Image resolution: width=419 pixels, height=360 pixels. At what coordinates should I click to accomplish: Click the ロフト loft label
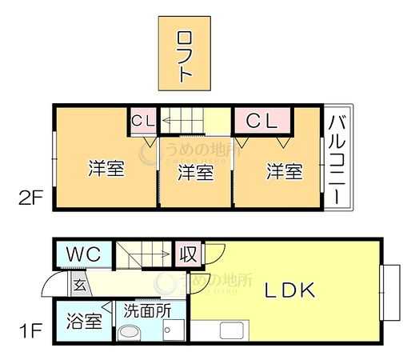tap(184, 57)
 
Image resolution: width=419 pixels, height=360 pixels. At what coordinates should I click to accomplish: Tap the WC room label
tap(84, 254)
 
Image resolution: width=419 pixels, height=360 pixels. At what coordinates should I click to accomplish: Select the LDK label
tap(290, 290)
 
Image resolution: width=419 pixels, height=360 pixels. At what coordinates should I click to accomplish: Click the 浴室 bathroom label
tap(84, 321)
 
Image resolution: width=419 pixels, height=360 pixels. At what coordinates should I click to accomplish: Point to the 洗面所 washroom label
tap(147, 311)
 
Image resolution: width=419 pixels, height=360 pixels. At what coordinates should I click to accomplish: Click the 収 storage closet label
tap(188, 254)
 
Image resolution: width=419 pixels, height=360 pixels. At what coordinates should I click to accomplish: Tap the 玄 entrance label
tap(80, 286)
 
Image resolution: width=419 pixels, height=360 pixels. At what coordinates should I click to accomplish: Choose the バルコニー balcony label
tap(337, 160)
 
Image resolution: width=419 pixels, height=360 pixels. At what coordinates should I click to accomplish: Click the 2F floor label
tap(30, 198)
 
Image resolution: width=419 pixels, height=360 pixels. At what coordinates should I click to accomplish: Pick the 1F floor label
tap(30, 330)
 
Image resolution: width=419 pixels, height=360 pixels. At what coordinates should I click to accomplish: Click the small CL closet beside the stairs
tap(143, 121)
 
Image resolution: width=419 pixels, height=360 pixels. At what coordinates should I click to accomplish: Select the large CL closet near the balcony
tap(262, 120)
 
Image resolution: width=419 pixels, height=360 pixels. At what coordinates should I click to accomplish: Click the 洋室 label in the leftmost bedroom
tap(106, 168)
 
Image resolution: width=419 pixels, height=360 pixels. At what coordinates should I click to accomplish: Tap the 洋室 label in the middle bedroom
tap(196, 172)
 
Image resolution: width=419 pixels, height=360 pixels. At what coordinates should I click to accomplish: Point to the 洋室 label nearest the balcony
tap(285, 171)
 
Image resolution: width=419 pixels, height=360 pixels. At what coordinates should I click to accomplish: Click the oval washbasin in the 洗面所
tap(130, 332)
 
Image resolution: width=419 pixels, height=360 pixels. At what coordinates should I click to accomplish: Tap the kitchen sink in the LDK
tap(232, 330)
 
